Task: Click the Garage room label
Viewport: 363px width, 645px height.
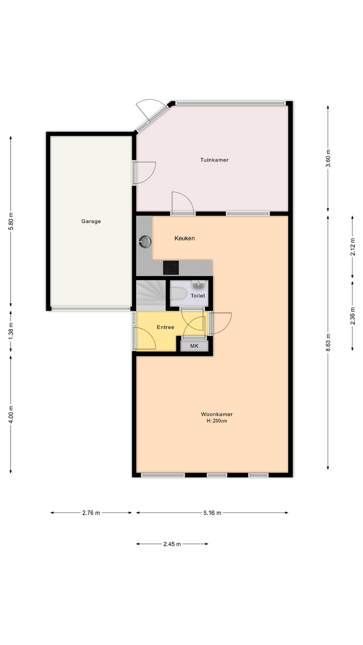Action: tap(91, 221)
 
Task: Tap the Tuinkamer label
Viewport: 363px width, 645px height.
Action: tap(214, 160)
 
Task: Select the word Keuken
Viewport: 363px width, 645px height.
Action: tap(185, 238)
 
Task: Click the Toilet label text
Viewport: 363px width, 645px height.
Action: tap(198, 296)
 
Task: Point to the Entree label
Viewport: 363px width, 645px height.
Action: tap(165, 328)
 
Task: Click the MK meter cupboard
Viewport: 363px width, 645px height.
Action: tap(195, 346)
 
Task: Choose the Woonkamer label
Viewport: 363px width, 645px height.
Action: tap(217, 414)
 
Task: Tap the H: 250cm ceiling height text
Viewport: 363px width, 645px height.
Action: tap(217, 421)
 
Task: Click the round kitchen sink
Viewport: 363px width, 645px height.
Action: tap(145, 241)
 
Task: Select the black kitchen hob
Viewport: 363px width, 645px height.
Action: tap(171, 268)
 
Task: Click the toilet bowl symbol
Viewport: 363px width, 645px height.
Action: tap(178, 294)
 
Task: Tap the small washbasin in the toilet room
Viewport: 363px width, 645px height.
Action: tap(199, 285)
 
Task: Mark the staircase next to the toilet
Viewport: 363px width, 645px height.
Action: tap(151, 295)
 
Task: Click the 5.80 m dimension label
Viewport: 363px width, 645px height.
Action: tap(11, 221)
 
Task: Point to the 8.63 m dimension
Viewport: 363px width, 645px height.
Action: tap(328, 343)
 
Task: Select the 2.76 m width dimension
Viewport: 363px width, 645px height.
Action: tap(91, 513)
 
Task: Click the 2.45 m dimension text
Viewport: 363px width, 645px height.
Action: tap(172, 544)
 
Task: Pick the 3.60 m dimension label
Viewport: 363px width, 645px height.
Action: tap(328, 159)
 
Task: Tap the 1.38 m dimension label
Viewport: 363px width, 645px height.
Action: tap(11, 331)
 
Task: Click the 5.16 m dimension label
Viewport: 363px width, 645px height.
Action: tap(212, 513)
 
